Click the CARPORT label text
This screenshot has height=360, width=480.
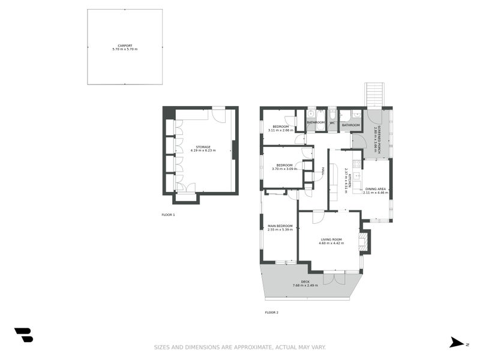pos(125,46)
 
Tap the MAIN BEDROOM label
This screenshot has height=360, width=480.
pos(280,226)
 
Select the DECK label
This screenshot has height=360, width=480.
pos(305,281)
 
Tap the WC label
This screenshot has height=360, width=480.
pos(332,123)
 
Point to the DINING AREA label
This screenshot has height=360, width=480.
pos(375,189)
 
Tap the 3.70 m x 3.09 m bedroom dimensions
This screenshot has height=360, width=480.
pos(284,169)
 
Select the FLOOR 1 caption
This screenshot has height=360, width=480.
pos(168,215)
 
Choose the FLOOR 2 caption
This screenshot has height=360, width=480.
pos(271,312)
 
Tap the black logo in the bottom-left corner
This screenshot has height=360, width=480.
pos(23,335)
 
